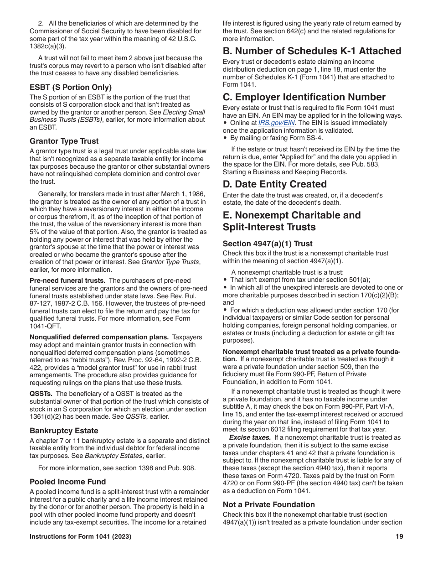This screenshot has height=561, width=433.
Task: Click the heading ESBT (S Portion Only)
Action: [71, 87]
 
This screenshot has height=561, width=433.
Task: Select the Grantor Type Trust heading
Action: [64, 141]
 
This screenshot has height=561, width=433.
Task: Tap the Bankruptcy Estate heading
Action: [64, 431]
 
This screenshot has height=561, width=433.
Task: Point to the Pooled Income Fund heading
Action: [68, 482]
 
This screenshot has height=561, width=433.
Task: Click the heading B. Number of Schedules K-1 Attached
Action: [312, 51]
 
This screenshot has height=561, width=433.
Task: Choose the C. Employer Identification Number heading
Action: [304, 97]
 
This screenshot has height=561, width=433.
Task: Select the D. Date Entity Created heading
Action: [275, 184]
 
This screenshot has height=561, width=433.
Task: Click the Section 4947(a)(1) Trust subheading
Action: [268, 244]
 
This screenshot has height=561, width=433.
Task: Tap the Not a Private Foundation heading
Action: [269, 504]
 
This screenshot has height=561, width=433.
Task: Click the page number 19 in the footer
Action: [399, 537]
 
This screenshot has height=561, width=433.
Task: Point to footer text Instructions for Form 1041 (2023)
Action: [81, 537]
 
